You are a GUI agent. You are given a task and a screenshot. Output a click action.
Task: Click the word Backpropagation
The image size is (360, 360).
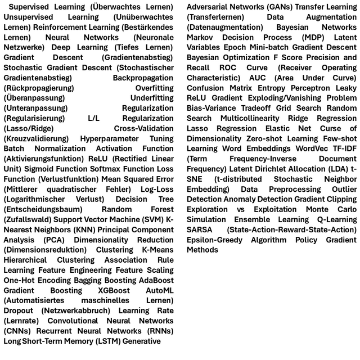[143, 78]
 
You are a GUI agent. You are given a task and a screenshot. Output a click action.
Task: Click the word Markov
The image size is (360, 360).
[201, 37]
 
